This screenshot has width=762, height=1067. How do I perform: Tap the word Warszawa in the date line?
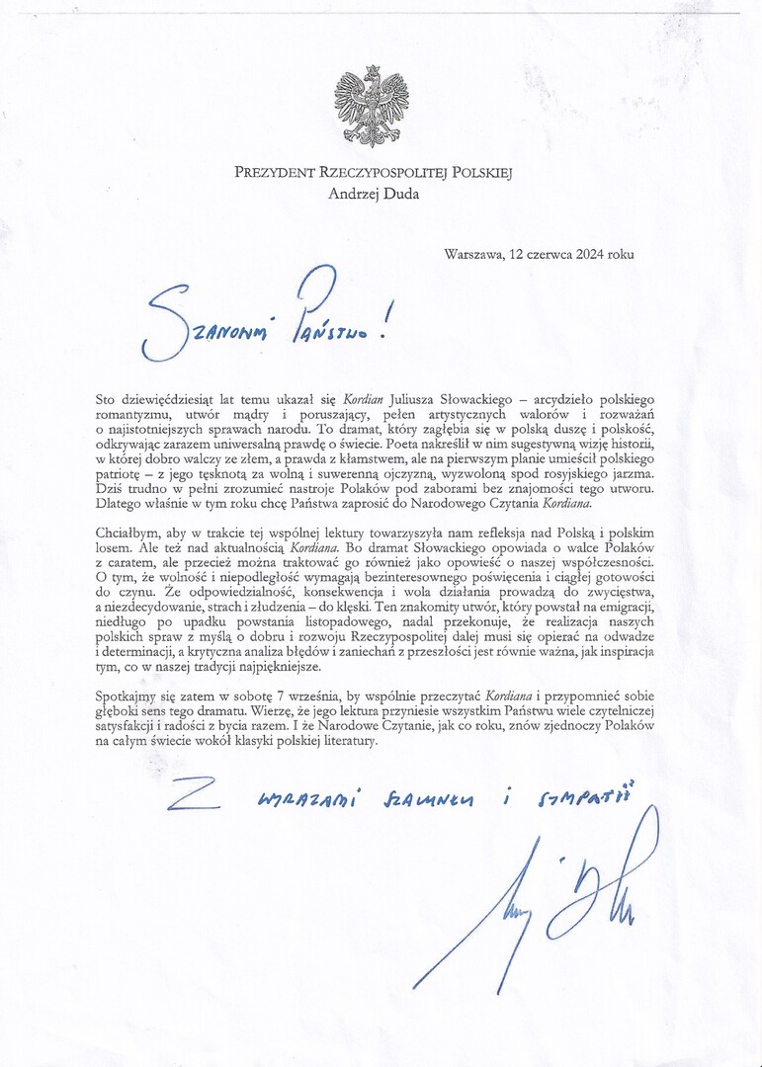pos(474,254)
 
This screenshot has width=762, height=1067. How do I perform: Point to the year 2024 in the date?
pos(591,254)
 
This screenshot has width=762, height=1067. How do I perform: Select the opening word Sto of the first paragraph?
pos(106,399)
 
